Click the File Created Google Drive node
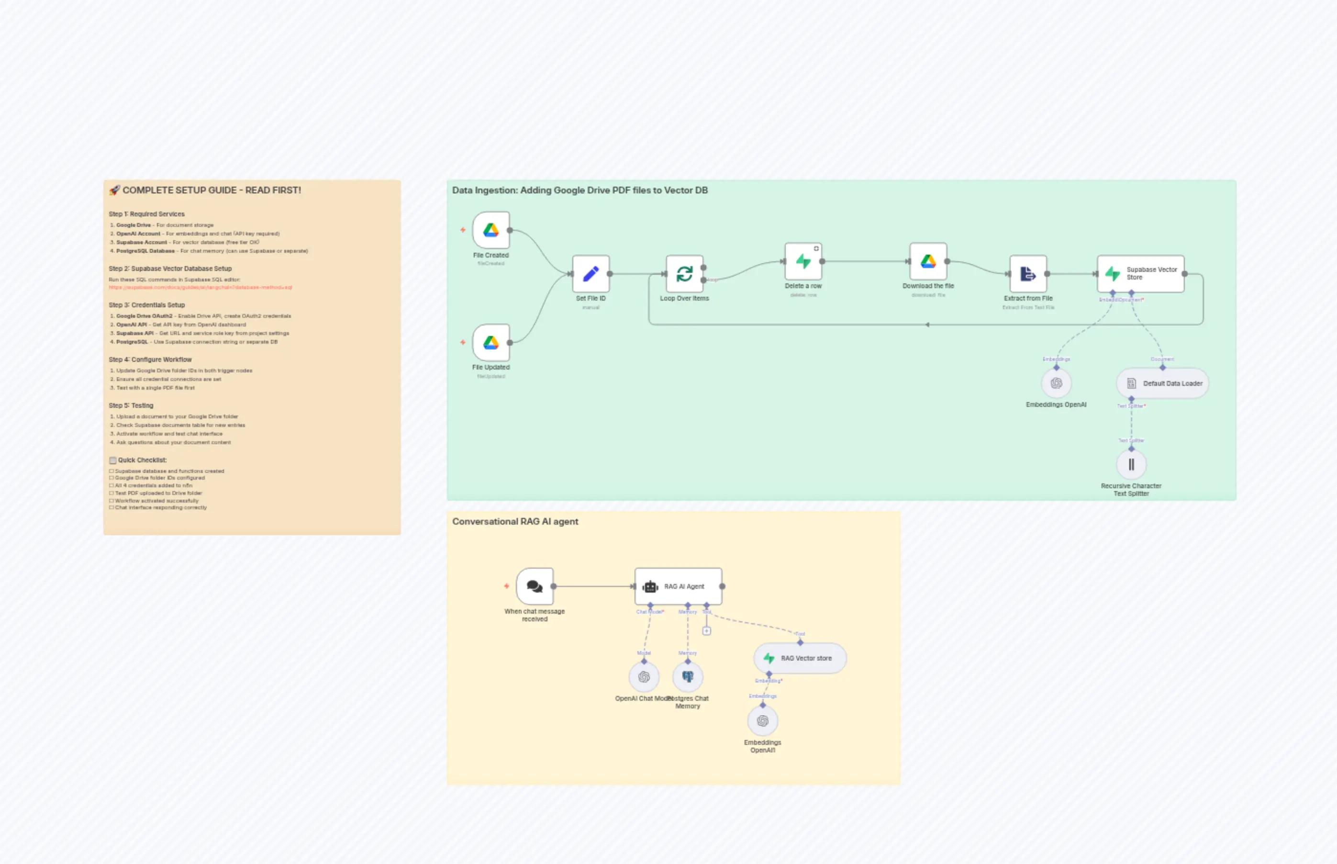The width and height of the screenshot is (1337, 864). (490, 230)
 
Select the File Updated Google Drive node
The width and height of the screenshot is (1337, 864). (490, 342)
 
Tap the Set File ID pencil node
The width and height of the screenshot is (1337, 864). (591, 274)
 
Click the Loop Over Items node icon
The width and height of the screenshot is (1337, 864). (684, 274)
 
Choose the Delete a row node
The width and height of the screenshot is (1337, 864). (803, 261)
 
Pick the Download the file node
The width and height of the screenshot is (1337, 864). (928, 261)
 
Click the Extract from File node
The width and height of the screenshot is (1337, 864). (1028, 274)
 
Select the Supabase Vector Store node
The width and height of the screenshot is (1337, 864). (1141, 274)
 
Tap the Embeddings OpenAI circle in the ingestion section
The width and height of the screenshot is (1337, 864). (1056, 383)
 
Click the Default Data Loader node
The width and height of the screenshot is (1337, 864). (1163, 383)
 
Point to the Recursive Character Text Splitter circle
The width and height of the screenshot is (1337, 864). (1131, 464)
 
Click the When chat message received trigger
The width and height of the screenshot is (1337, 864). (535, 586)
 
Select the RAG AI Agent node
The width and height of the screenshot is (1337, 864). (678, 586)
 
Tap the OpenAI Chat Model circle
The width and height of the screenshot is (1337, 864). (644, 677)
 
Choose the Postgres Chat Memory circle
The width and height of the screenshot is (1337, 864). (688, 677)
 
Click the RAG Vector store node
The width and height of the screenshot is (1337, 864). (800, 658)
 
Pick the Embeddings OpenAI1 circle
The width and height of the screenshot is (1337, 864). (763, 721)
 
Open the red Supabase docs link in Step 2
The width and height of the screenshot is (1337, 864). (200, 287)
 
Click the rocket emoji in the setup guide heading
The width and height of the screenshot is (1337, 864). (114, 190)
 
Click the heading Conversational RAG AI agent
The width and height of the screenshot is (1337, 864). (515, 521)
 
